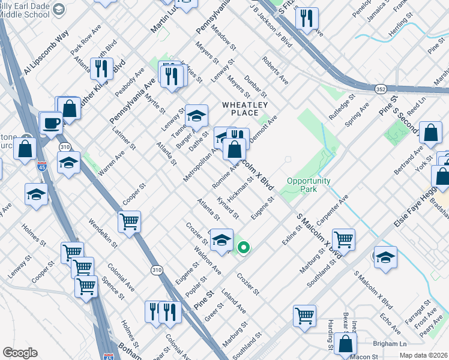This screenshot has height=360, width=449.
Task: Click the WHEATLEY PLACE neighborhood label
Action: click(244, 107)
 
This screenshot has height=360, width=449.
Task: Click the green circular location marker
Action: click(243, 247)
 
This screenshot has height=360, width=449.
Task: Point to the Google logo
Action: click(20, 353)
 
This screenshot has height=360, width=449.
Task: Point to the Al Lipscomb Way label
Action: click(43, 59)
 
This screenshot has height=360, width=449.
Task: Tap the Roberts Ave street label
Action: click(274, 71)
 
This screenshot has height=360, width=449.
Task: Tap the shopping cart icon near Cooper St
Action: click(129, 223)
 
